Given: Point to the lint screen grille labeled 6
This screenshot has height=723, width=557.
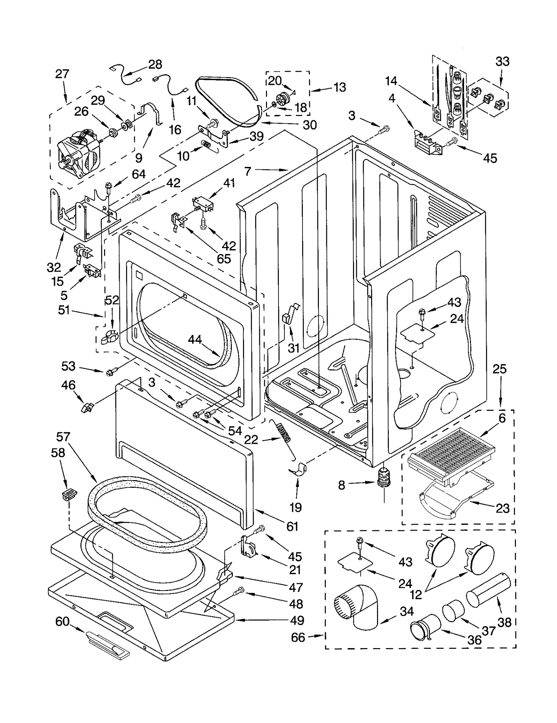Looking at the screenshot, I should tap(453, 449).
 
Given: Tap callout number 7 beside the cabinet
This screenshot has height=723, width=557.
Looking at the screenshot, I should tap(248, 171).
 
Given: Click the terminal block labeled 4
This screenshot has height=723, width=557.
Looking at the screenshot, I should tap(426, 143).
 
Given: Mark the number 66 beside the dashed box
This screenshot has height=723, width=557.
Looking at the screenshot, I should tap(298, 637).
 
